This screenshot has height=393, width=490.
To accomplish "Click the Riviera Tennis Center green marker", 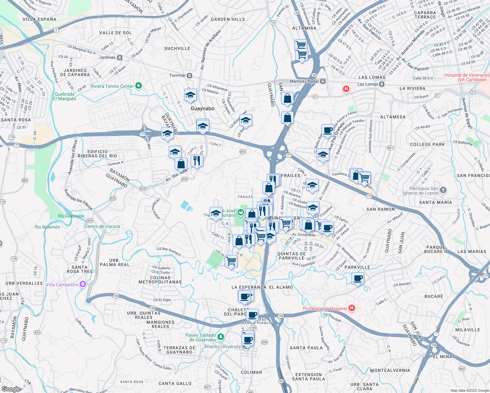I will click(139, 86).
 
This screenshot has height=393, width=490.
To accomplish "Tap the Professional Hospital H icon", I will click(352, 308).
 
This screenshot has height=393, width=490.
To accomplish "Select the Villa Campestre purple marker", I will click(83, 284).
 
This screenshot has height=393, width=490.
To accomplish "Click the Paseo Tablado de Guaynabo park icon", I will click(221, 337).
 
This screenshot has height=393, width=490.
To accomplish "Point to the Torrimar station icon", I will click(189, 75).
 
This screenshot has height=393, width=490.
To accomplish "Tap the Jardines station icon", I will click(120, 57).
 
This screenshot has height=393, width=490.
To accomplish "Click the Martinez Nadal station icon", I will click(323, 81).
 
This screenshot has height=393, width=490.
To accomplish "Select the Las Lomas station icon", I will click(382, 84).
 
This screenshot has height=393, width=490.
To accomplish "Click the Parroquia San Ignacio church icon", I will click(443, 190).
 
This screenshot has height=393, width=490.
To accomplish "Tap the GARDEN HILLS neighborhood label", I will click(228, 19).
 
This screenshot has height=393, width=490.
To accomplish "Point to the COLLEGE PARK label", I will click(427, 144).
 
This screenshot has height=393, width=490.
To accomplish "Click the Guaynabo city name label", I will click(202, 108).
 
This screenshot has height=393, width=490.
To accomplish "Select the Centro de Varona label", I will click(102, 226).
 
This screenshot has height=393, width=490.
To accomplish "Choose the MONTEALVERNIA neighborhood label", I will click(390, 370).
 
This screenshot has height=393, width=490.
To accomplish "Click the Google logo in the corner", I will click(11, 389).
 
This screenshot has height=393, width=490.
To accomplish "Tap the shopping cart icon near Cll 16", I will click(231, 261).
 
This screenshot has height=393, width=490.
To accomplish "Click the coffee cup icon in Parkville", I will click(358, 278).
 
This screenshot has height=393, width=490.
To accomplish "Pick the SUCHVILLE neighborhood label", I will click(177, 48).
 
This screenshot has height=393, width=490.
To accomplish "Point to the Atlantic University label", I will click(222, 346).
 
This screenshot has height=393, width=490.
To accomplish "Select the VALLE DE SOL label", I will click(115, 33).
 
